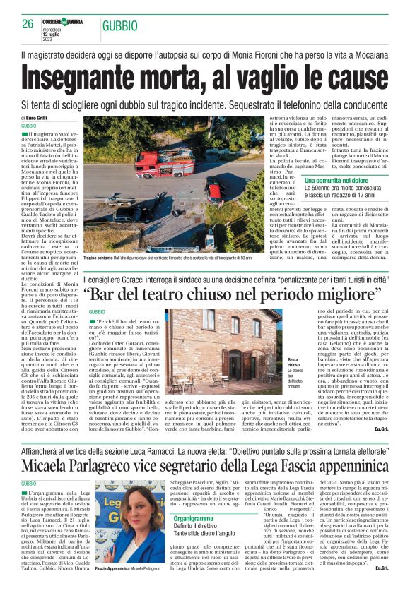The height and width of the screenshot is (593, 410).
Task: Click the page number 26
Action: click(28, 24)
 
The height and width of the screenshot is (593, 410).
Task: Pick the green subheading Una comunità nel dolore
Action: click(336, 181)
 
